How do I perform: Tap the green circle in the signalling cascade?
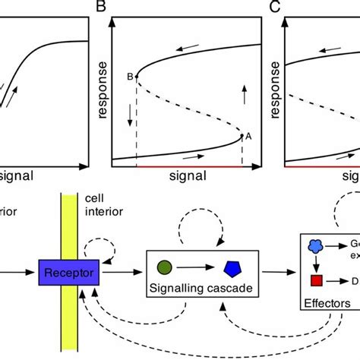[x=164, y=267]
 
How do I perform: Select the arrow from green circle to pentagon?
[x=196, y=267]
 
